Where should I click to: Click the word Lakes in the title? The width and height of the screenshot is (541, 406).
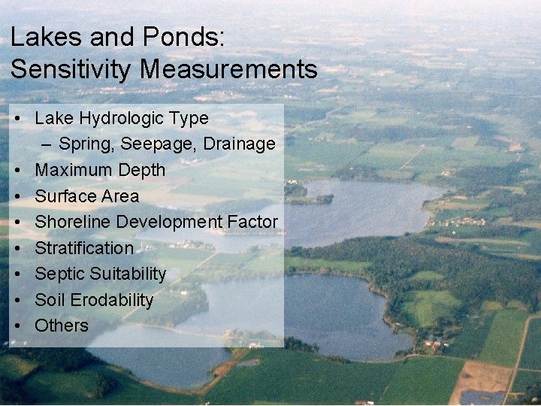pos(41,37)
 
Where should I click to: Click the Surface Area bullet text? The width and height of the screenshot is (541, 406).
pos(86,196)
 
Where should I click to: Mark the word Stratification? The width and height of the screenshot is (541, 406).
pos(84,248)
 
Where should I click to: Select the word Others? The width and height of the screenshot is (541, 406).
pos(62,326)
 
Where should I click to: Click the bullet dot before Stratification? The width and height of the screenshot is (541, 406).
pos(16,248)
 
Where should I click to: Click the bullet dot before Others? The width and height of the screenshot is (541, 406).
pos(16,326)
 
